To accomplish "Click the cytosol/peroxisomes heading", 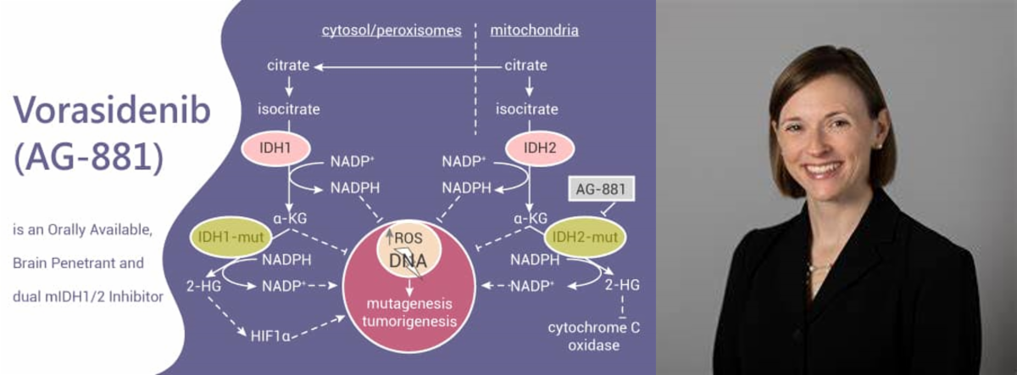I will [391, 31].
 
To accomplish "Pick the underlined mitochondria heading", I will [535, 31].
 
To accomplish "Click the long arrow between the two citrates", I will [407, 66].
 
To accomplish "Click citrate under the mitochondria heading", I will [525, 65].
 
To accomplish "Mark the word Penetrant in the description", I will [81, 263].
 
